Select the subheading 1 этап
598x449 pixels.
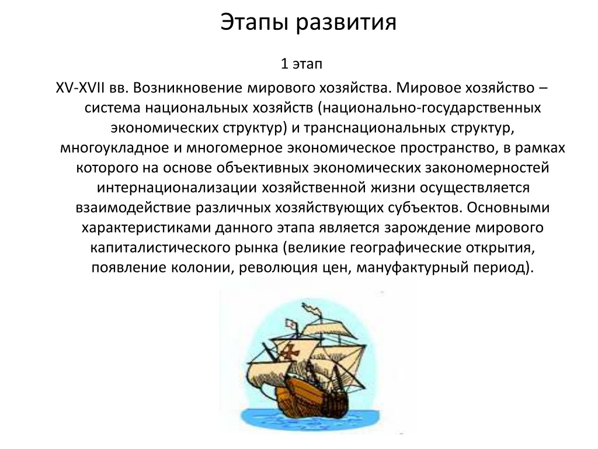pos(301,63)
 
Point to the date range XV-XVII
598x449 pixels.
pos(79,88)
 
